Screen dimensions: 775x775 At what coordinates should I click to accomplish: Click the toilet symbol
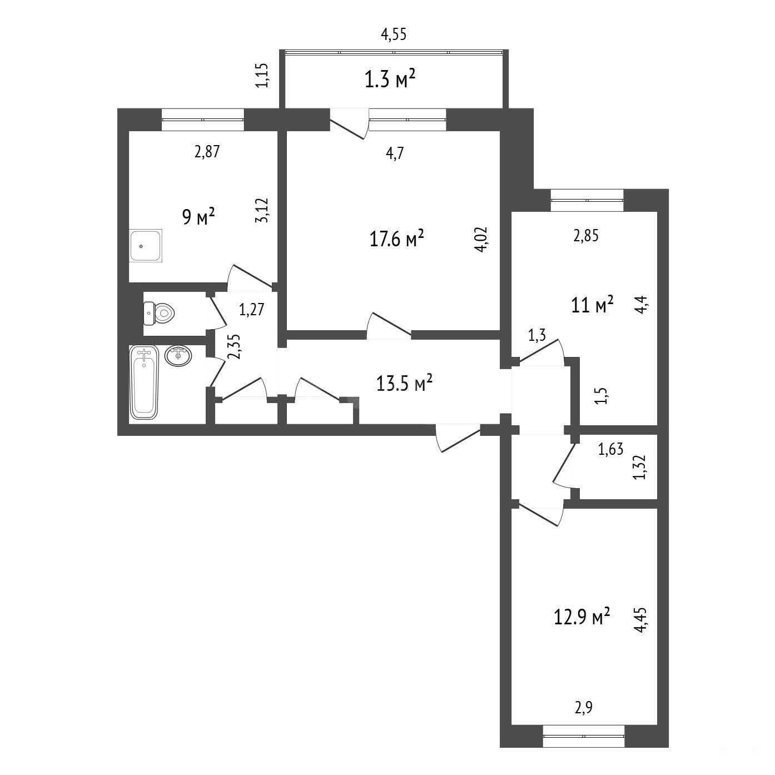pos(159,313)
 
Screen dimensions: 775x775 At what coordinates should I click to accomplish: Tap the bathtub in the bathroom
pos(145,382)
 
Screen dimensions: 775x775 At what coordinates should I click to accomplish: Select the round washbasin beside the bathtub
pos(178,355)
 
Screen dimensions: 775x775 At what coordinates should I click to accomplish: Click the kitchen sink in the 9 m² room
pos(146,246)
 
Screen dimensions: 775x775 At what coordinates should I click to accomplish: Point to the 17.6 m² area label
pos(396,239)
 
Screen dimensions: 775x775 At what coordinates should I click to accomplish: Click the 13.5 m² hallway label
pos(404,382)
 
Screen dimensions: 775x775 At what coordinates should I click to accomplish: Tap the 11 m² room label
pos(592,305)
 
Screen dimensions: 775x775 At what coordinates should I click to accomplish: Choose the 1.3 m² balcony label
pos(390,80)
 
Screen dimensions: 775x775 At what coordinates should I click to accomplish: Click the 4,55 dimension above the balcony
pos(394,34)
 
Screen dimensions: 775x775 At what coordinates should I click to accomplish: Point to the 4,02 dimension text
pos(481,239)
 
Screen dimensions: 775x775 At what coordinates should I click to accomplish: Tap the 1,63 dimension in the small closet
pos(610,449)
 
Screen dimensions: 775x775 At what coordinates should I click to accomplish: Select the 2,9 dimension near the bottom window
pos(584,719)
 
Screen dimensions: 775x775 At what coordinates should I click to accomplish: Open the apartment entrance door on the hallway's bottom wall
pos(458,438)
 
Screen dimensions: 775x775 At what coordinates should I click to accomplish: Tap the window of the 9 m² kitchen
pos(203,120)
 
